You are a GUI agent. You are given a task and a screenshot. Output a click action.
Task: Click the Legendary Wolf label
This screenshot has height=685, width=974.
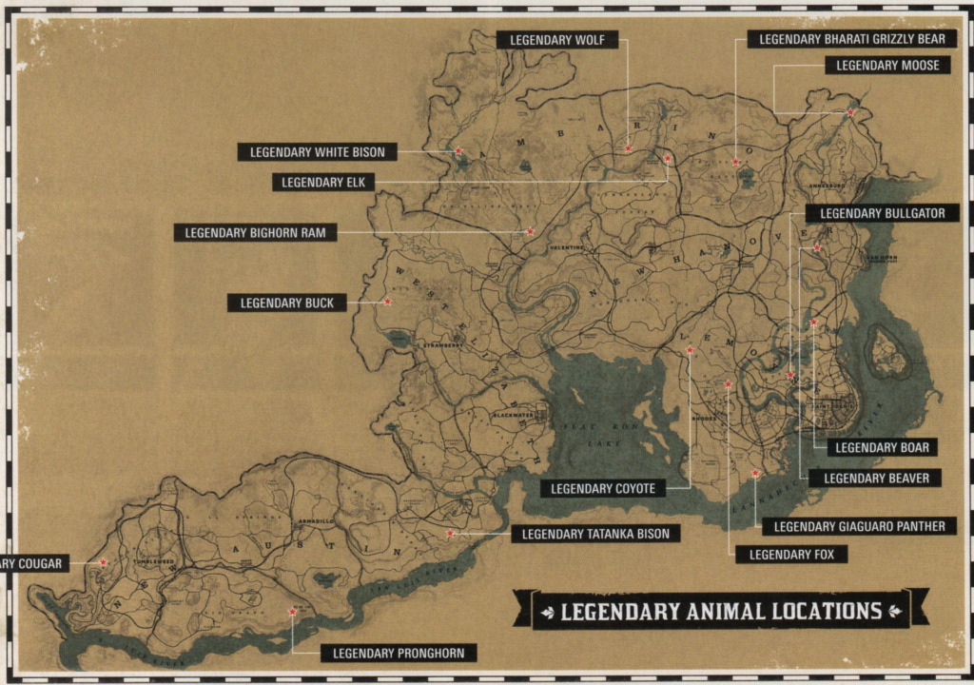tap(557, 40)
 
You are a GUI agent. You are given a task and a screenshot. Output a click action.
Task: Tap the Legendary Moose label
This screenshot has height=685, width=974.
tap(887, 66)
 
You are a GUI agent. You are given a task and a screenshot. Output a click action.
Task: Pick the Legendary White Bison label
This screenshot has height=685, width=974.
tap(317, 152)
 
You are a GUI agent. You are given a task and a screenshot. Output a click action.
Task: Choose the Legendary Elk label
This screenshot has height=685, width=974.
tap(322, 182)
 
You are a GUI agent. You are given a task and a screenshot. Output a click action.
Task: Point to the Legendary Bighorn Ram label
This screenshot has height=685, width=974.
tap(255, 232)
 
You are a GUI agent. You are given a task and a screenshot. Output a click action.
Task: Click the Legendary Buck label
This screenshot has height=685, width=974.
tap(286, 303)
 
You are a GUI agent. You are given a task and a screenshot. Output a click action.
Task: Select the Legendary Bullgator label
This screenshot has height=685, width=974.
tap(883, 214)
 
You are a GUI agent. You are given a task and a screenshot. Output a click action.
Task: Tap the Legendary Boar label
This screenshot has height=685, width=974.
tap(883, 447)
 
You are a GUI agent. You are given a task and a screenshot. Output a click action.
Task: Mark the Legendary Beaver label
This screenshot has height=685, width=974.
tap(876, 478)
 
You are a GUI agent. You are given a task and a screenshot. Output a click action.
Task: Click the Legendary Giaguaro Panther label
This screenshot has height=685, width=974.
tap(859, 526)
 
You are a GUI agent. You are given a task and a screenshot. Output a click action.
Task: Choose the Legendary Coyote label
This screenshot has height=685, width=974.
tap(602, 489)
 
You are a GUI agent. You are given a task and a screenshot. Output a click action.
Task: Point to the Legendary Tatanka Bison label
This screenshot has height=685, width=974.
tap(595, 534)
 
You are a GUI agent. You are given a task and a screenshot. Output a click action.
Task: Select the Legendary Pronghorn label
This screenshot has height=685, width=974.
tap(399, 653)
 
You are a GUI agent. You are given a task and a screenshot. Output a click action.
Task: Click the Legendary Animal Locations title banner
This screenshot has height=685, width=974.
tap(721, 610)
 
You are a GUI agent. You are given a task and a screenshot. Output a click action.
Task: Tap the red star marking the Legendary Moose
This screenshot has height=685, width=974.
tap(850, 113)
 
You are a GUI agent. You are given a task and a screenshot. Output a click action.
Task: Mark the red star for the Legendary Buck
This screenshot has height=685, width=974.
tap(387, 302)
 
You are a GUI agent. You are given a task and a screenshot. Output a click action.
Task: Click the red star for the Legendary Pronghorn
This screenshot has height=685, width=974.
tap(292, 613)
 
